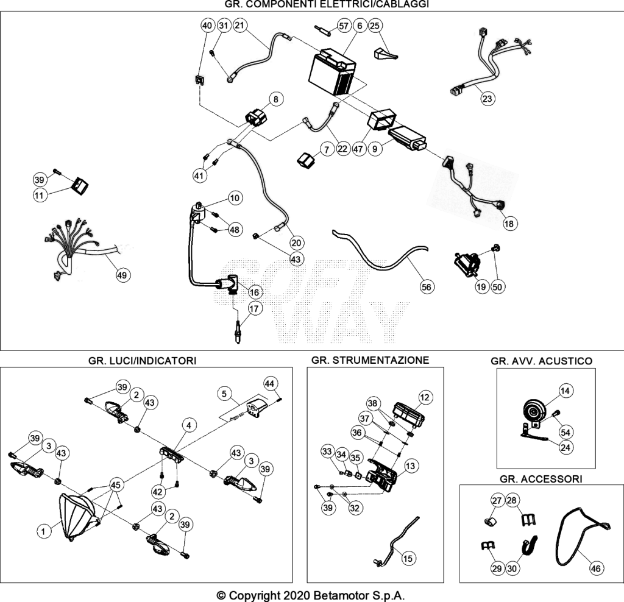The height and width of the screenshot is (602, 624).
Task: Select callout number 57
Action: point(344,26)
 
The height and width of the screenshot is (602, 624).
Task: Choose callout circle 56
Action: point(426,287)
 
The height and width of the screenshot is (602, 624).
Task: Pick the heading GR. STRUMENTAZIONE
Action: point(370,360)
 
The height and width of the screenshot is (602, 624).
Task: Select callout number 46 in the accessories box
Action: point(596,568)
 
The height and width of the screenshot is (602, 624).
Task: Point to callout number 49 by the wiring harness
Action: point(122,275)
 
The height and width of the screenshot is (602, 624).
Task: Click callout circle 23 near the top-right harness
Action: point(487,98)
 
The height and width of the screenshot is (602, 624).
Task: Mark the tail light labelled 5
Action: point(255,406)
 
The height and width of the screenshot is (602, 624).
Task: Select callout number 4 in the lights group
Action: point(189,425)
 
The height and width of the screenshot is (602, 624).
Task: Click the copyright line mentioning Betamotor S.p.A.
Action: point(310,596)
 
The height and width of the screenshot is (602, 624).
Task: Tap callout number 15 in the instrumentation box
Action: point(408,558)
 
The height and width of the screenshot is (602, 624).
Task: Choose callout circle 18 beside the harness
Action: point(509,224)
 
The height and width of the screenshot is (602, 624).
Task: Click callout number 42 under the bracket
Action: point(158,492)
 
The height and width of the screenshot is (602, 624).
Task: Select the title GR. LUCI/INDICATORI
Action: point(142,361)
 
